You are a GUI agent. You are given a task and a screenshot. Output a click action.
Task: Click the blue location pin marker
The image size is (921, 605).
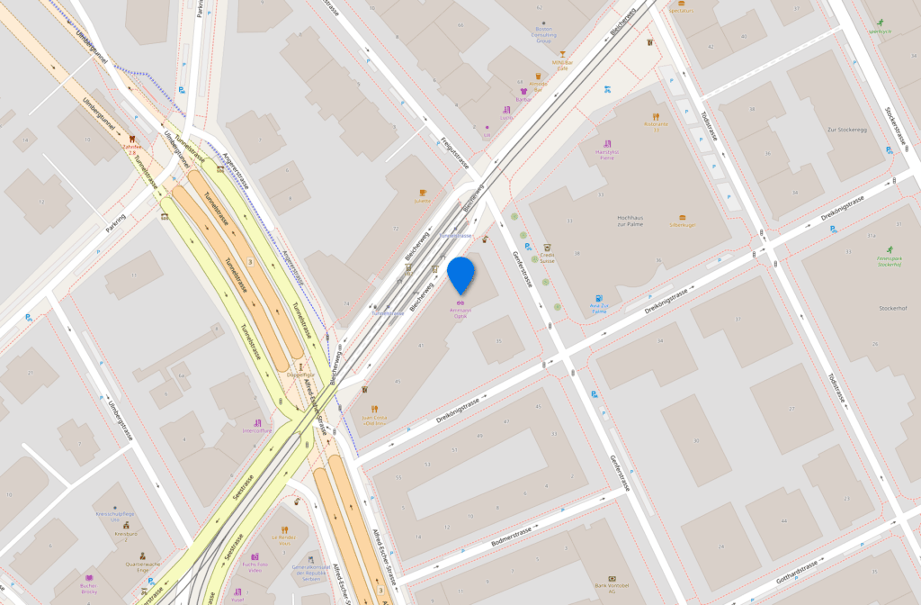coord(461,274)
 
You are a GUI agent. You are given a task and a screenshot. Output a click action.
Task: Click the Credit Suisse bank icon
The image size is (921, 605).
coord(547,247)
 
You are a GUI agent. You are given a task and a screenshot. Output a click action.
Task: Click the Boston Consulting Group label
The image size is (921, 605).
coord(544,34)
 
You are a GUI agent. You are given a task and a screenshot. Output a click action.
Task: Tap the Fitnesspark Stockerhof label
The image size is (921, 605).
coord(889,261)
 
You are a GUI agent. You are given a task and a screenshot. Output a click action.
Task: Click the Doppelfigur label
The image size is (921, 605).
coord(300,374)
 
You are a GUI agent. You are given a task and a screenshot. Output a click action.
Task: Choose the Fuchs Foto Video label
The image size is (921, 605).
coord(255,567)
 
